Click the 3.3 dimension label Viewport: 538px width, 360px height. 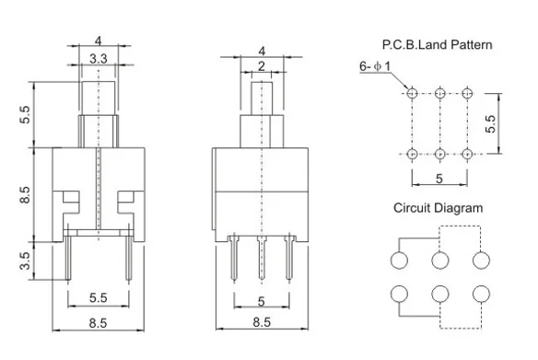coord(99,59)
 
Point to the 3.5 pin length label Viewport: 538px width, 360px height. coord(25,261)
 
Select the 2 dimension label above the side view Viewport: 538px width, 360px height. coord(262,66)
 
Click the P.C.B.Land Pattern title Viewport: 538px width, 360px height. coord(437,44)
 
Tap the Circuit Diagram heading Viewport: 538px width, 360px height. coord(438,208)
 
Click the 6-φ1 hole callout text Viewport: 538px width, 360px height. coord(375,66)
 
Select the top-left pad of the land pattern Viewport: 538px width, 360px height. coord(412,93)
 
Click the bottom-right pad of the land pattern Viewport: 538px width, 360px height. coord(467,154)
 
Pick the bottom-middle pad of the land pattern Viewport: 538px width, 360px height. coord(439,154)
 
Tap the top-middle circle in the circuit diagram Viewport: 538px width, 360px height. coord(440,261)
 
